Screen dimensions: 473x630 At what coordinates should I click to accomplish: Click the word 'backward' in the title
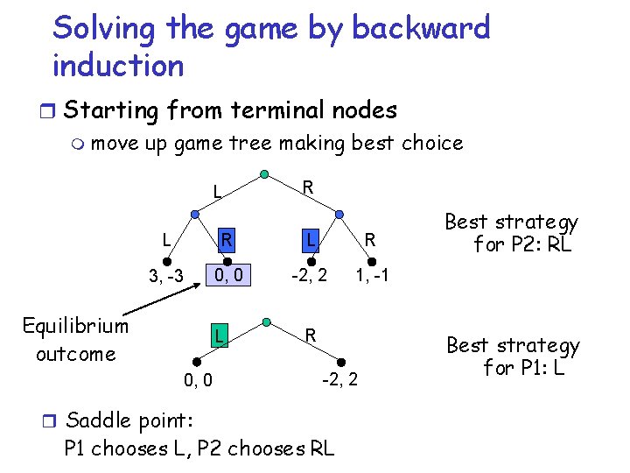click(421, 28)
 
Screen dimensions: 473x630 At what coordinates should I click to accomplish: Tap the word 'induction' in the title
click(118, 66)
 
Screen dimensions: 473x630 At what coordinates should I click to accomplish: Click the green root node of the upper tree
click(264, 173)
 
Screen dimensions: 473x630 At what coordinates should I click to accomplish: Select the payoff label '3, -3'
click(165, 278)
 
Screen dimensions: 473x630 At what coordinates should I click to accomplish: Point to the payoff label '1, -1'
click(372, 276)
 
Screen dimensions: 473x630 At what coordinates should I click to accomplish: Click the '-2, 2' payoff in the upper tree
click(310, 276)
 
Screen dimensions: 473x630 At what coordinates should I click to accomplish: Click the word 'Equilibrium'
click(75, 327)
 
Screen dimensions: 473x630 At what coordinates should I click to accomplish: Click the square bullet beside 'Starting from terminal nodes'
click(52, 112)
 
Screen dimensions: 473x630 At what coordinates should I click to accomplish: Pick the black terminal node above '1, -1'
click(371, 261)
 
